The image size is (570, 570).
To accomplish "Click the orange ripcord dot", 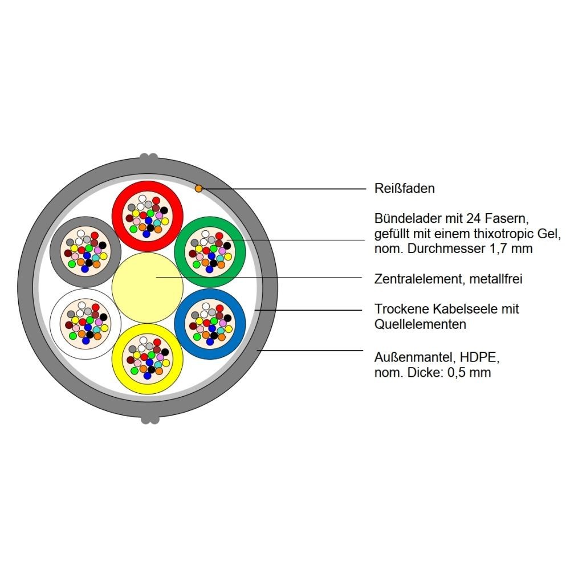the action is point(198,188).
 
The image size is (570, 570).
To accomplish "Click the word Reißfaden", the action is point(404,188).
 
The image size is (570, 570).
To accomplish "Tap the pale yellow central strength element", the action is point(148,287).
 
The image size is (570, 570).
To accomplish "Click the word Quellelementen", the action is point(420,324).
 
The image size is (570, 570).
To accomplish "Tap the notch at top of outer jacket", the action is point(149,157).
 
